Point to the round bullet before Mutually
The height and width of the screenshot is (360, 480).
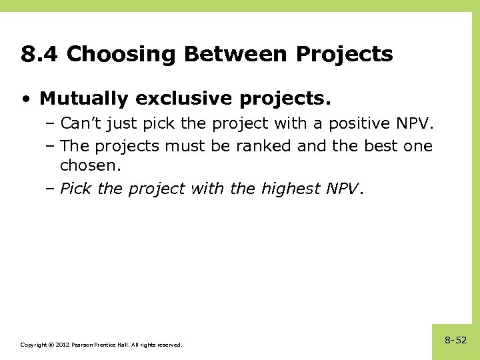[25, 99]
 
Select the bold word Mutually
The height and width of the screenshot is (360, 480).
[83, 99]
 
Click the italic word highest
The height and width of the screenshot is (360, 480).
[291, 189]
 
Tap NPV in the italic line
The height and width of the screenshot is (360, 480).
[342, 189]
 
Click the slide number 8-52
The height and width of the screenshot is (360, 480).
[456, 340]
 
